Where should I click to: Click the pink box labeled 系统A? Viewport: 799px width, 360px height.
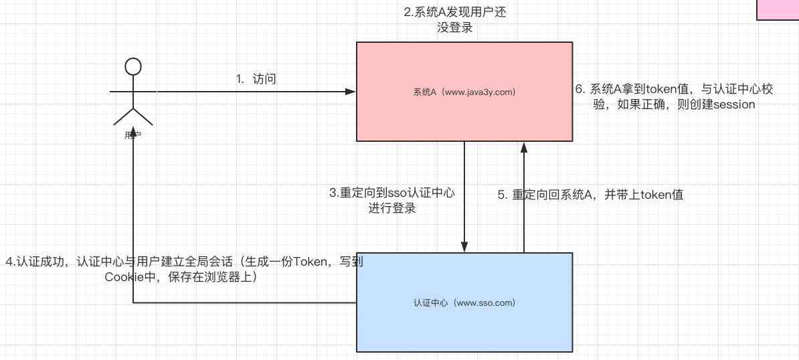coord(464,92)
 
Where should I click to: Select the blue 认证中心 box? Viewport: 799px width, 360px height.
coord(464,302)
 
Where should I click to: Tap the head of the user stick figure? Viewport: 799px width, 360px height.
coord(133,66)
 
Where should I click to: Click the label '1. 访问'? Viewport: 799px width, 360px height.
coord(256,79)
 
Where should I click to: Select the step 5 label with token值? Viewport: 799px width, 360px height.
coord(590,195)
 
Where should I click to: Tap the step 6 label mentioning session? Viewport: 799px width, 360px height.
coord(674,97)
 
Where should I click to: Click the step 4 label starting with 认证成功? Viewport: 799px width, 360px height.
coord(184,269)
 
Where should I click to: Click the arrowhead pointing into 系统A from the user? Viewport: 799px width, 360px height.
coord(351,91)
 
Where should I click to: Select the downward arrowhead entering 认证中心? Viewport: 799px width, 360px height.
coord(464,248)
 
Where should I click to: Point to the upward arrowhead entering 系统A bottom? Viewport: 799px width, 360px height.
coord(524,147)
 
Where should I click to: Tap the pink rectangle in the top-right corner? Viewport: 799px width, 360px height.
coord(778,10)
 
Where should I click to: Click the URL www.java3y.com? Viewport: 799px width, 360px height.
coord(478,92)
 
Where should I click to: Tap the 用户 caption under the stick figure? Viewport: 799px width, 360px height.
coord(132,134)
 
